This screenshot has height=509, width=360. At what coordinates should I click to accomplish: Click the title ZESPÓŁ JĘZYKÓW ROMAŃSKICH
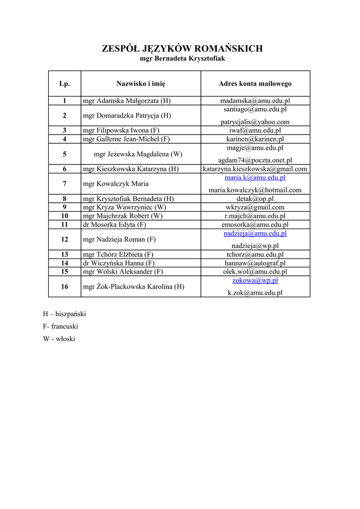point(182,48)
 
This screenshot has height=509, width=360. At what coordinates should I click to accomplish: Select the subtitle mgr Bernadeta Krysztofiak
point(182,59)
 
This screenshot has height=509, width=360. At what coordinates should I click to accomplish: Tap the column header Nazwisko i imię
point(141,84)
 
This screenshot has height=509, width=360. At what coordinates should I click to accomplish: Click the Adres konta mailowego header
point(255,84)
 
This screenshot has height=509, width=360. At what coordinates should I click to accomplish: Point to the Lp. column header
point(65,84)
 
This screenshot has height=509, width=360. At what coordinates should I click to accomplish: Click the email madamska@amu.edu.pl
point(255,101)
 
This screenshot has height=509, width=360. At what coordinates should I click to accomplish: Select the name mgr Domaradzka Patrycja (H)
point(127,115)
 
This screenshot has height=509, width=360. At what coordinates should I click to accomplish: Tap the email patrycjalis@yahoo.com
point(255,122)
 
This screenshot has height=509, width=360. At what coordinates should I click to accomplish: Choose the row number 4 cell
point(65,139)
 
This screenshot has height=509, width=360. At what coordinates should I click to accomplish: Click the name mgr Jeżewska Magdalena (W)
point(138,154)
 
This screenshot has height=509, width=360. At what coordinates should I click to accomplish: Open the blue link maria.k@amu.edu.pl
point(255,177)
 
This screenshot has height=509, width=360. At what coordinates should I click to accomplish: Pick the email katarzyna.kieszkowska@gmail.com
point(255,169)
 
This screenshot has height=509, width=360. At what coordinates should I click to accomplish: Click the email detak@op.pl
point(255,199)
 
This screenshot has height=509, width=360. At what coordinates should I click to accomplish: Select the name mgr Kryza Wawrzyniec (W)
point(124,207)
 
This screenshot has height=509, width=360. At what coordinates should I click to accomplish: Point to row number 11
point(65,225)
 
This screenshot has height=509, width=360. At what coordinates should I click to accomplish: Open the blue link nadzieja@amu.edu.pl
point(255,233)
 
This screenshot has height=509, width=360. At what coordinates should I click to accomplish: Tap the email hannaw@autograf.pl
point(255,263)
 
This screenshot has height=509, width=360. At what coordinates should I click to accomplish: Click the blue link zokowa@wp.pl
point(255,280)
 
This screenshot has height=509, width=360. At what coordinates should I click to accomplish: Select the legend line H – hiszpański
point(65,314)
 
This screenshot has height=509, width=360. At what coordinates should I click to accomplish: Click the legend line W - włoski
point(59,339)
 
